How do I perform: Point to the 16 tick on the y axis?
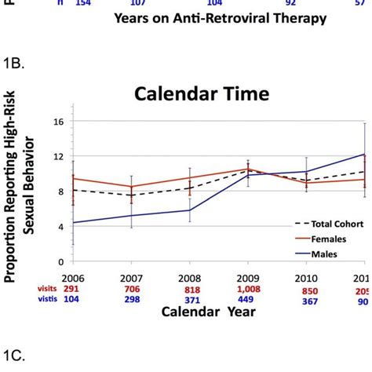tap(57, 122)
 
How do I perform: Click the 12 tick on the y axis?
tap(57, 156)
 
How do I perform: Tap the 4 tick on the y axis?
tap(60, 227)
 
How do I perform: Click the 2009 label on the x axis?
tap(248, 279)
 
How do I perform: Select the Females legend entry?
tap(317, 236)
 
